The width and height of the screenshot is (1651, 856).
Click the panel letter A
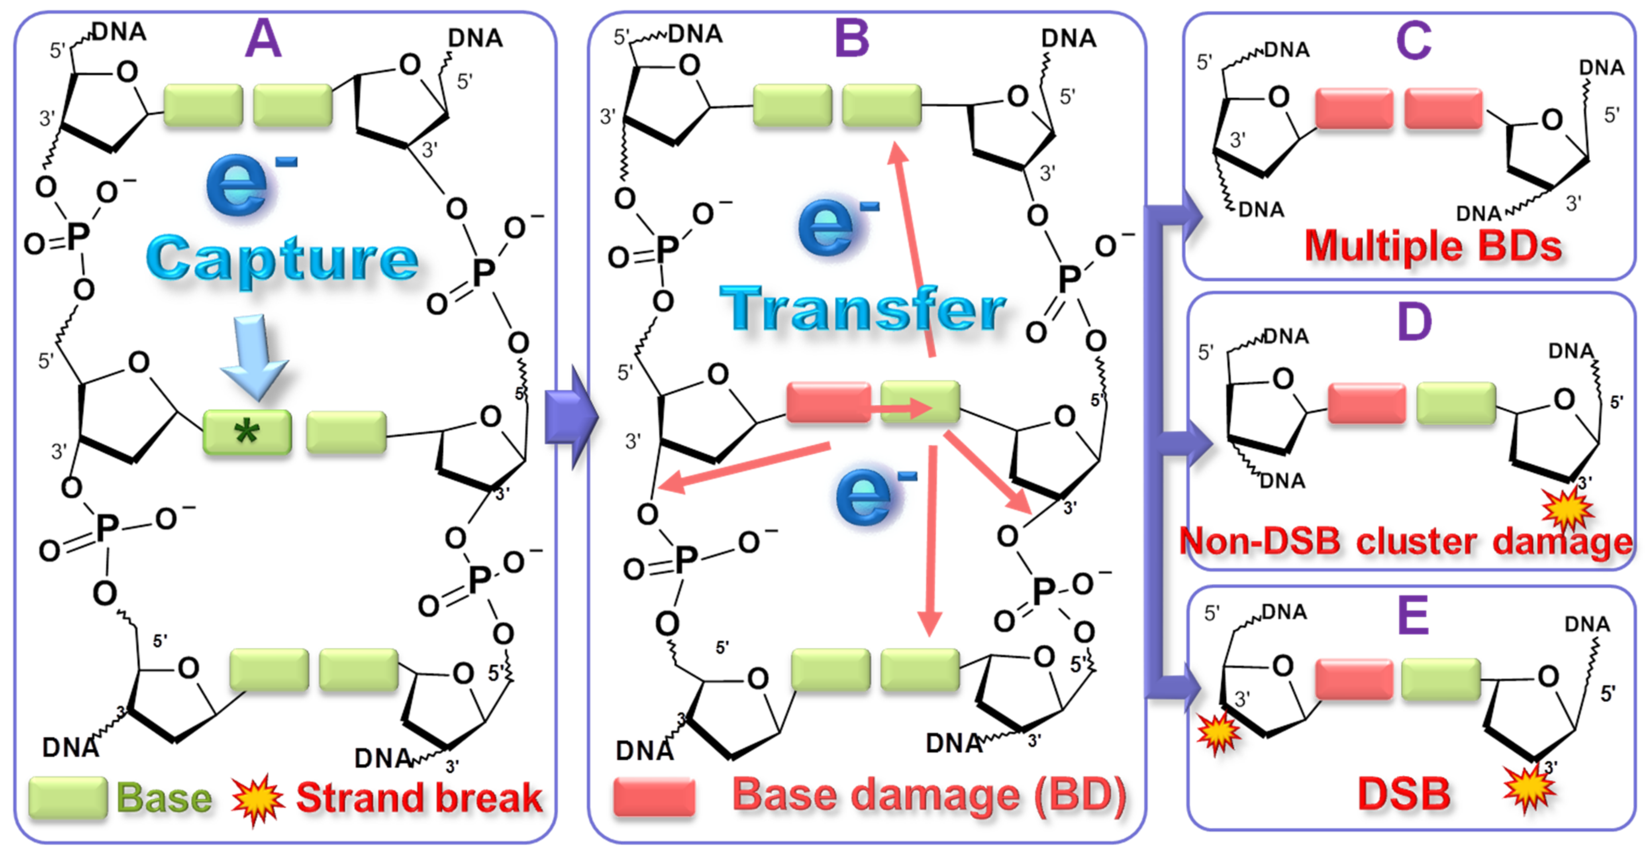[263, 40]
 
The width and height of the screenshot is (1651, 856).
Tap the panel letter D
[1414, 322]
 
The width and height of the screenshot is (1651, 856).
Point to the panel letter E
[1413, 614]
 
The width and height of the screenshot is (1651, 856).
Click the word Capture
[282, 258]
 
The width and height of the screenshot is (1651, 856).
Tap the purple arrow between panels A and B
[571, 417]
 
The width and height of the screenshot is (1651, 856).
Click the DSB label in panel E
[1404, 794]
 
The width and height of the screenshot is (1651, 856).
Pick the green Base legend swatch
[67, 798]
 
